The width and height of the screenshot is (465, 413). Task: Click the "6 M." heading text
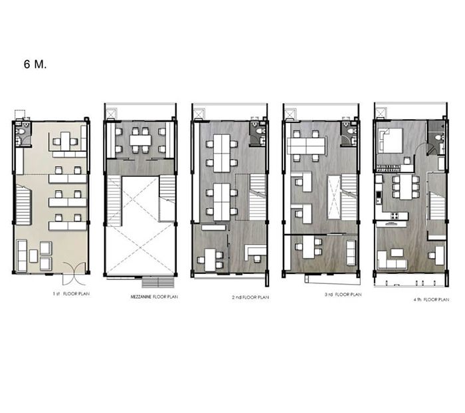click(35, 64)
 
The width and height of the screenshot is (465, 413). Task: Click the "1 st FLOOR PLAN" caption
click(71, 294)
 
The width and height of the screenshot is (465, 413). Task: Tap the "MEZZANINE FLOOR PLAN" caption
click(154, 297)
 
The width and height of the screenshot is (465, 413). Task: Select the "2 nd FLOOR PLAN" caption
click(250, 297)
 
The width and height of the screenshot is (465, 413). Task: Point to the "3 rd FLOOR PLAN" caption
click(343, 295)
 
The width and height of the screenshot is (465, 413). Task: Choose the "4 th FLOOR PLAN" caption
click(431, 299)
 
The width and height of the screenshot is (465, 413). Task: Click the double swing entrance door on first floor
click(74, 273)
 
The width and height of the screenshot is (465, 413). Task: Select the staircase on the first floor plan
click(23, 205)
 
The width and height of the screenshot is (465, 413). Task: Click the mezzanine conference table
click(140, 140)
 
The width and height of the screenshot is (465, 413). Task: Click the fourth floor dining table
click(406, 187)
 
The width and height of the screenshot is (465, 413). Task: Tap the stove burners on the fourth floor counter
click(395, 215)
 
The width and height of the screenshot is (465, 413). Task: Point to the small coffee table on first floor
click(33, 256)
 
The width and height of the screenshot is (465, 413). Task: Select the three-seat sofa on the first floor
click(22, 255)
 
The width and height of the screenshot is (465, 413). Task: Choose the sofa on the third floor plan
click(351, 253)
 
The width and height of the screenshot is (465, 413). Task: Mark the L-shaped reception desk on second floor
click(254, 251)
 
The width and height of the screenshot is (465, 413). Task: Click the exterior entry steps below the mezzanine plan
click(158, 283)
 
